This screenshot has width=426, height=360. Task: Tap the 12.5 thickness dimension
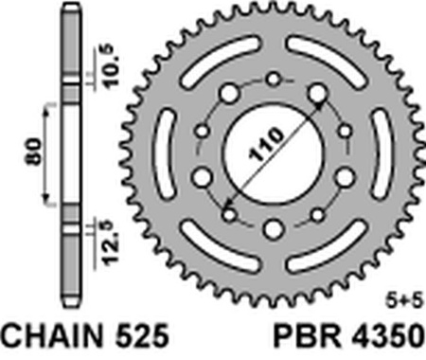(x=105, y=243)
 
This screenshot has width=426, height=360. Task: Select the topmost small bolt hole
(x=273, y=80)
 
